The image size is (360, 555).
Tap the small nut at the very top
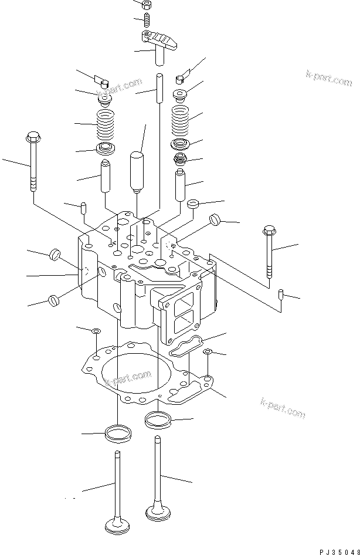point(147,4)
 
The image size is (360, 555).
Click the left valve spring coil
point(104,124)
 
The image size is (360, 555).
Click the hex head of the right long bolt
point(270,230)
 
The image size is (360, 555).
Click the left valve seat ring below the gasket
point(117,434)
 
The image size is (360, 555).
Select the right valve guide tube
point(181,184)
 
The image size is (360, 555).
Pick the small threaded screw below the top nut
point(147,21)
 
